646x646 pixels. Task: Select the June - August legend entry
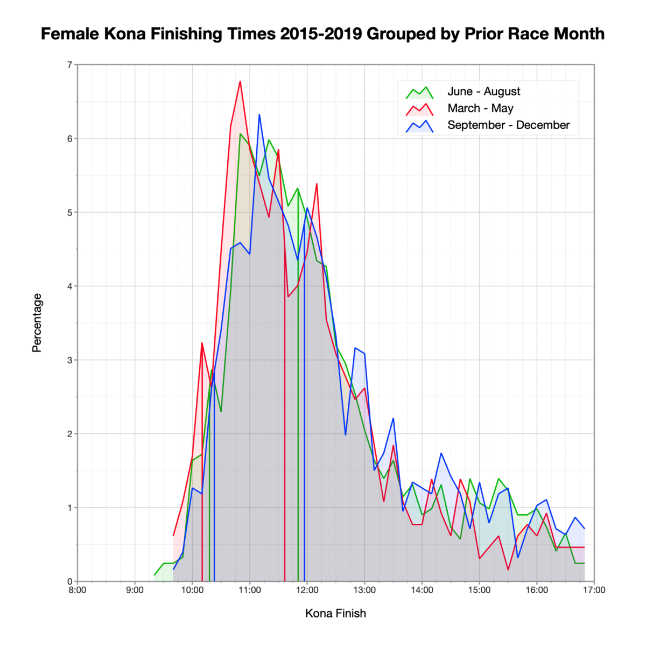point(483,92)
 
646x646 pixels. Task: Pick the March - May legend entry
point(480,108)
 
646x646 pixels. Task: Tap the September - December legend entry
point(508,125)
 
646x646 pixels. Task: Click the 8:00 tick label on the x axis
point(78,589)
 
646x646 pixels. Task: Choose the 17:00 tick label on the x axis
point(594,589)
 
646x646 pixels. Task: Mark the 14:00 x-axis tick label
point(422,589)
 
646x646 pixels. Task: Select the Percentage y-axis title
point(37,323)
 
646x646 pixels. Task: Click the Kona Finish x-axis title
point(335,613)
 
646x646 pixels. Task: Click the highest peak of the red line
point(240,81)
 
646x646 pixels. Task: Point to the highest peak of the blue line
point(259,115)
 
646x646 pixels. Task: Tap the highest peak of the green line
point(240,134)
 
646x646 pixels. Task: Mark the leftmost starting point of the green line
point(155,575)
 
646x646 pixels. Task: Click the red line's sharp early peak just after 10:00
point(202,343)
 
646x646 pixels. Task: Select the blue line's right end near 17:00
point(584,528)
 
